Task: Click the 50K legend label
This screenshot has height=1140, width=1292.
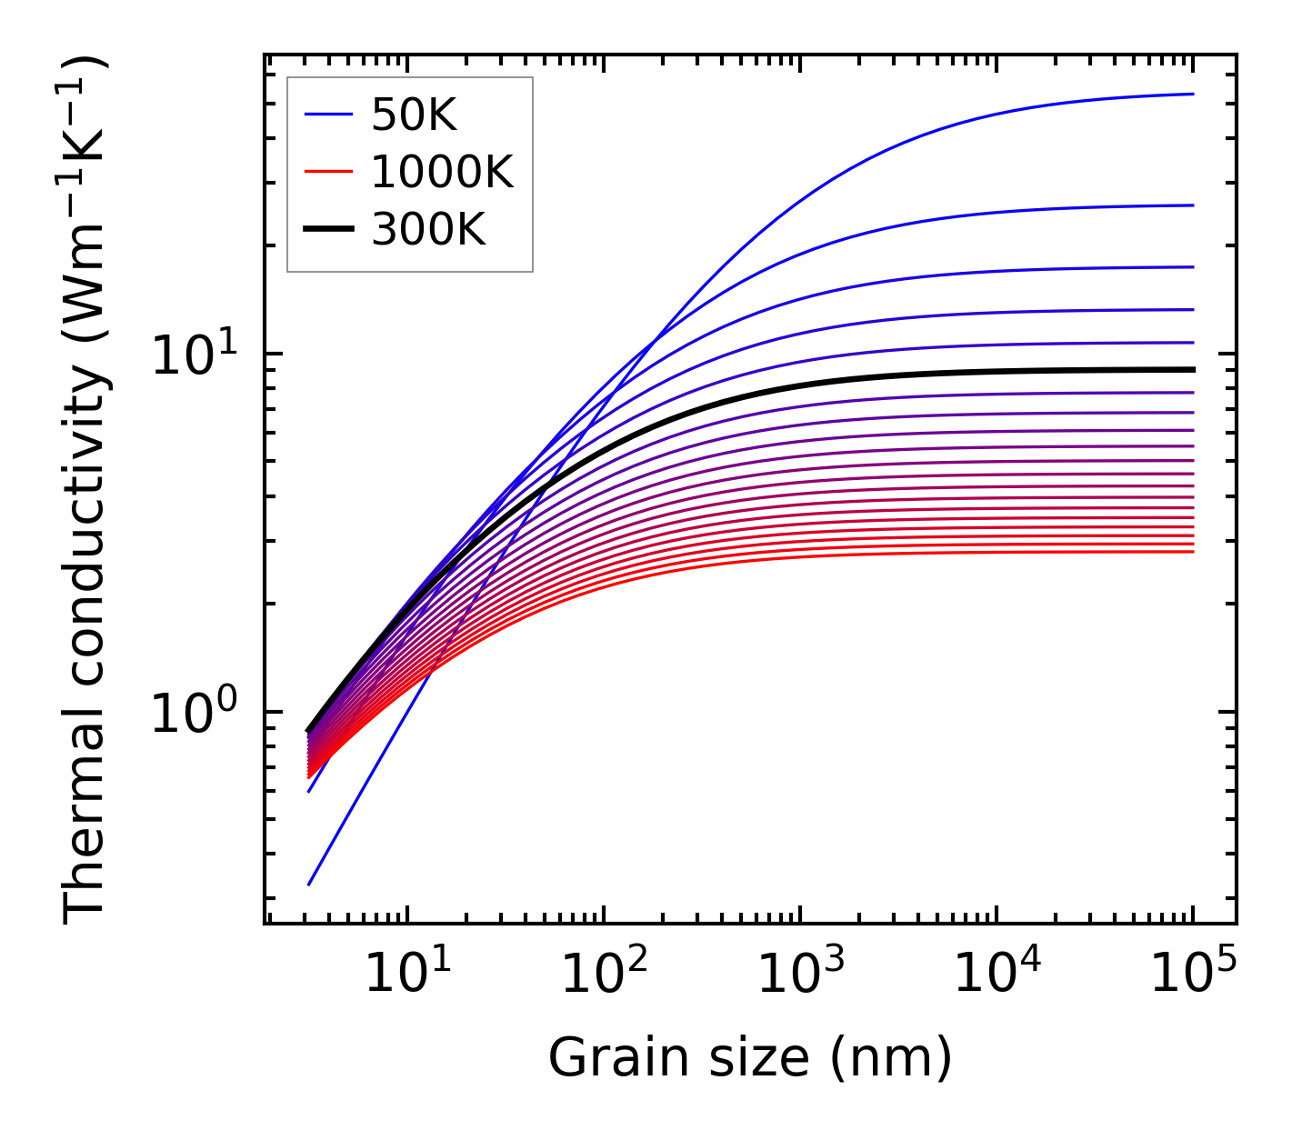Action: pyautogui.click(x=414, y=115)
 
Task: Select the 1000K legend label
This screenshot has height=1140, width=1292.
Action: pyautogui.click(x=442, y=172)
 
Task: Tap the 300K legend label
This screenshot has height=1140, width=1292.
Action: pyautogui.click(x=428, y=230)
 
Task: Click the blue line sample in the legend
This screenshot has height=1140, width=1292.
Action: pyautogui.click(x=327, y=115)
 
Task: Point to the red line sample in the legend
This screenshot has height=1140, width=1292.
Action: pyautogui.click(x=327, y=172)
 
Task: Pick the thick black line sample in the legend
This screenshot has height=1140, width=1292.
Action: pyautogui.click(x=327, y=230)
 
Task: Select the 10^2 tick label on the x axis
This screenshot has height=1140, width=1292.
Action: pyautogui.click(x=604, y=976)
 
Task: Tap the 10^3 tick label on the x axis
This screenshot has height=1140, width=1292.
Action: pyautogui.click(x=800, y=976)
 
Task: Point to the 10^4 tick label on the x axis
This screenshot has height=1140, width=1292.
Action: pyautogui.click(x=997, y=976)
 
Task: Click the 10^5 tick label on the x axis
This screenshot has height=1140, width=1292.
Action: pyautogui.click(x=1193, y=976)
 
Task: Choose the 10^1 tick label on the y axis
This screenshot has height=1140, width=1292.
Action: pyautogui.click(x=193, y=355)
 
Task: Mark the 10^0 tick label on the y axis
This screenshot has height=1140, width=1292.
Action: pyautogui.click(x=193, y=714)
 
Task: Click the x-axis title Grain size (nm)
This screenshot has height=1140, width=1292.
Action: pyautogui.click(x=750, y=1058)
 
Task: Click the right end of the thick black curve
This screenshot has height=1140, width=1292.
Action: pyautogui.click(x=1192, y=369)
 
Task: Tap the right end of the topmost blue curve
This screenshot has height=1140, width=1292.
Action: pyautogui.click(x=1192, y=94)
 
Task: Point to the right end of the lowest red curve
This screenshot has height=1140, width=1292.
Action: pyautogui.click(x=1192, y=552)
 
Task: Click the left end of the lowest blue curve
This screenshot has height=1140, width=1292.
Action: pyautogui.click(x=309, y=884)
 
